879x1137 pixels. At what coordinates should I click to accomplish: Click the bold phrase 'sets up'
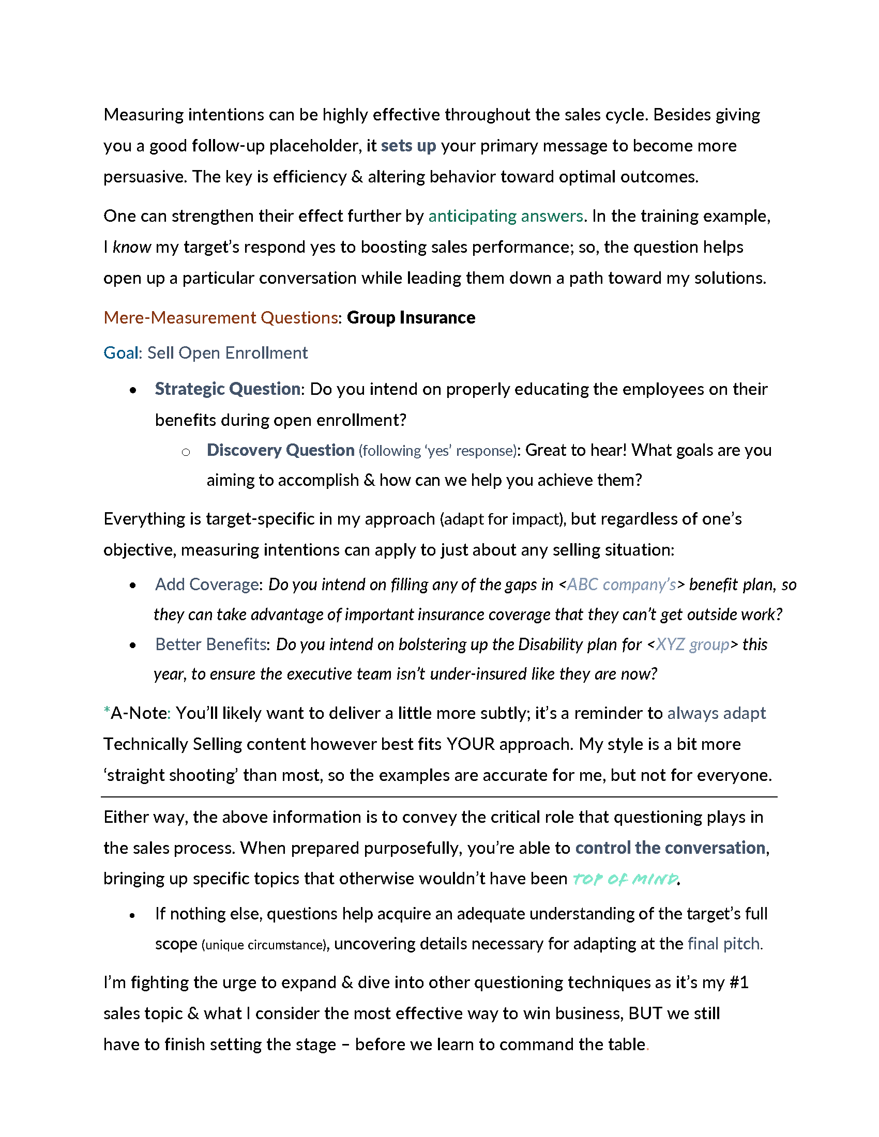coord(408,146)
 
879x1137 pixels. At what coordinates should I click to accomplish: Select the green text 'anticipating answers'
coord(505,216)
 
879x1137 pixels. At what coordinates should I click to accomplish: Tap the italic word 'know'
coord(132,247)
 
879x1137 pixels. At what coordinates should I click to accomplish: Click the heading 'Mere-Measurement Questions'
coord(221,317)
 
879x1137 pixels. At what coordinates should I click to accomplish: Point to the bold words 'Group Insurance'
coord(411,317)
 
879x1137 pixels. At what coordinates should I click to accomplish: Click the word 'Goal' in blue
coord(121,353)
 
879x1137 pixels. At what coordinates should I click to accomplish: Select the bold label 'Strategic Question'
coord(228,389)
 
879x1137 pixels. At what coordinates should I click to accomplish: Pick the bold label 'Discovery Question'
coord(280,450)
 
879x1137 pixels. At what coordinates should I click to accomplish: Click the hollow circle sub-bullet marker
coord(186,452)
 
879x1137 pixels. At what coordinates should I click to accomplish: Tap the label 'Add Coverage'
coord(207,585)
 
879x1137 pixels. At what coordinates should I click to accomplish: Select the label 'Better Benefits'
coord(211,644)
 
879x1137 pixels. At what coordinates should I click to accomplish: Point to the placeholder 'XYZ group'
coord(692,644)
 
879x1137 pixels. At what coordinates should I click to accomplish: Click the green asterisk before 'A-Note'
coord(107,711)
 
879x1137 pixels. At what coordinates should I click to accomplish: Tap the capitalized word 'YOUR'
coord(470,744)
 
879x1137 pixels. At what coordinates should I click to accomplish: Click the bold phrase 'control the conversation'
coord(670,848)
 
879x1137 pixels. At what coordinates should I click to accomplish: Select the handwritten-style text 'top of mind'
coord(625,879)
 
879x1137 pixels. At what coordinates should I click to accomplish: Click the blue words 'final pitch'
coord(723,944)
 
